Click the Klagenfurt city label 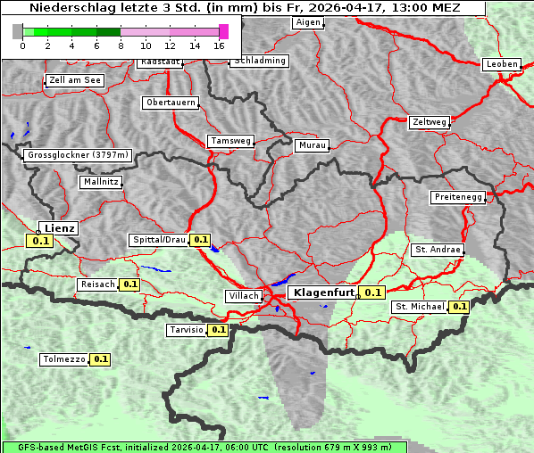click(324, 292)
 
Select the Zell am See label click(75, 80)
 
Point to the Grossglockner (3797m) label click(79, 155)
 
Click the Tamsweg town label click(231, 141)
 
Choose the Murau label click(313, 144)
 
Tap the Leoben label click(501, 64)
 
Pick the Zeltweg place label click(430, 121)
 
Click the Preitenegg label click(458, 197)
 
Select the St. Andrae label click(438, 250)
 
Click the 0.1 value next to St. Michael click(460, 307)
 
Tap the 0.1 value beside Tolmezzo click(100, 359)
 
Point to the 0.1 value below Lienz click(40, 241)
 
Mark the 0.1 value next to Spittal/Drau click(200, 240)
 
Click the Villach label click(244, 295)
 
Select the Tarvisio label click(186, 330)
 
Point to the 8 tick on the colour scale click(121, 45)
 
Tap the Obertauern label click(171, 103)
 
